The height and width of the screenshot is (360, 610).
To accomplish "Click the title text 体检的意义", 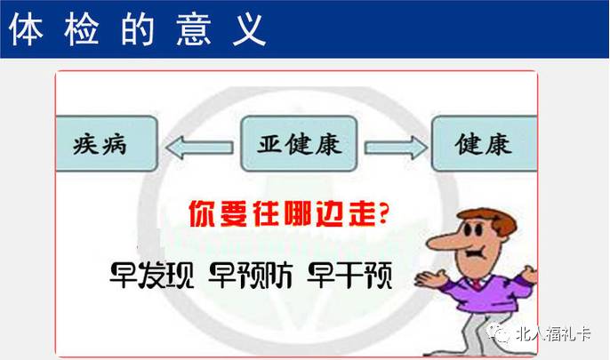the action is click(137, 29).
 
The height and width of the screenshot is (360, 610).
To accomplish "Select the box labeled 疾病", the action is click(107, 144).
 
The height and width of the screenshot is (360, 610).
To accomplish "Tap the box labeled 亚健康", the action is click(299, 144).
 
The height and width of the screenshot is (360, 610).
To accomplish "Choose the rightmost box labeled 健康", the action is click(485, 144).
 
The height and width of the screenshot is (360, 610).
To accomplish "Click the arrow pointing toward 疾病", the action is click(199, 148).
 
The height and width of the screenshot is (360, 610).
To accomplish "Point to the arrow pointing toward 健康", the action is click(396, 148).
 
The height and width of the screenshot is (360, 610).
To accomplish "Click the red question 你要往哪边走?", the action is click(289, 213).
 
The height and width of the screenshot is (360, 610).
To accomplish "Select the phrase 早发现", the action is click(152, 276).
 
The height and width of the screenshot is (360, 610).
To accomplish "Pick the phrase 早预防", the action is click(251, 276).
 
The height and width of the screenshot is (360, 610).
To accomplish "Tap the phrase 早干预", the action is click(349, 276).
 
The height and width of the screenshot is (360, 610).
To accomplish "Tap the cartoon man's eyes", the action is click(473, 229).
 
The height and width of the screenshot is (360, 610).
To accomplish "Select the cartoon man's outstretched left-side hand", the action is click(430, 279).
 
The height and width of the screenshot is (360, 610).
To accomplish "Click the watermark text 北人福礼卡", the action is click(553, 333).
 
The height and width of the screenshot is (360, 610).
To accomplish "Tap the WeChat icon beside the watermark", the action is click(500, 333).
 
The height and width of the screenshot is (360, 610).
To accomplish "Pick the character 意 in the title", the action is click(193, 29).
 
